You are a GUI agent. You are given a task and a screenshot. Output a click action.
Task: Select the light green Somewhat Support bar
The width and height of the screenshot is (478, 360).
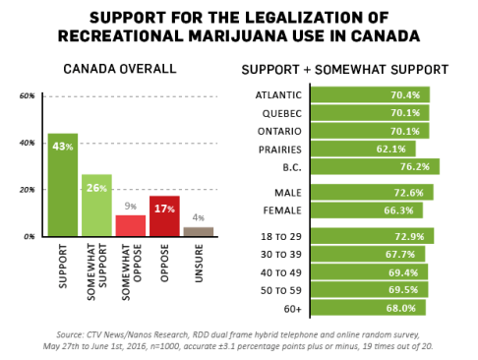pyautogui.click(x=96, y=206)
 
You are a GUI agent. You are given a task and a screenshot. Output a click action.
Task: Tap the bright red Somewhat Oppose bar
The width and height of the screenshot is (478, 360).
pyautogui.click(x=131, y=225)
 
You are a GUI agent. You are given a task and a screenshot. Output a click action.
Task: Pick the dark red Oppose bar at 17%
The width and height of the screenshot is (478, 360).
pyautogui.click(x=164, y=215)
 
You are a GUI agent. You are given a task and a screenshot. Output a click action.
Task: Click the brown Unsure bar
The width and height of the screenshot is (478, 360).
pyautogui.click(x=199, y=231)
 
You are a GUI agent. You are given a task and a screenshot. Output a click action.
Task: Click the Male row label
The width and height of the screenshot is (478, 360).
pyautogui.click(x=288, y=192)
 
